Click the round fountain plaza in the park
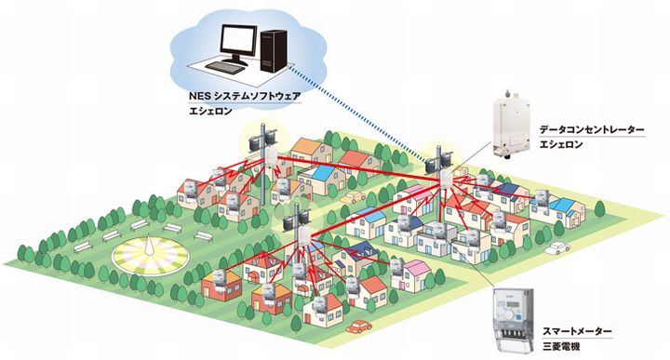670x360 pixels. (149, 254)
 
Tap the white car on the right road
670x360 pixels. (556, 248)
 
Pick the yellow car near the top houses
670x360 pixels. (352, 198)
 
